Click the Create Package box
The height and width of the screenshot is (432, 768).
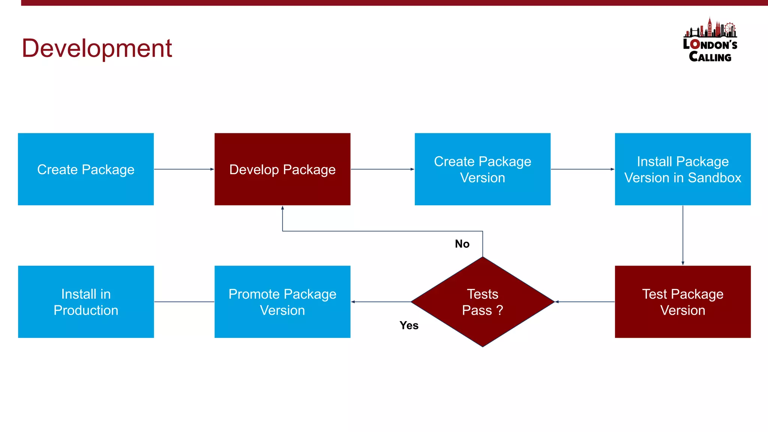click(86, 169)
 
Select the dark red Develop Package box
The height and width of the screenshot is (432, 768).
click(282, 169)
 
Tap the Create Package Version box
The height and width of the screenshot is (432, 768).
click(483, 169)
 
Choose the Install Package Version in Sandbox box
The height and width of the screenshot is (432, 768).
click(682, 169)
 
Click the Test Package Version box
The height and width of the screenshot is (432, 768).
click(682, 302)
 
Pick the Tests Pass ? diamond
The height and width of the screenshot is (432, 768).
click(483, 302)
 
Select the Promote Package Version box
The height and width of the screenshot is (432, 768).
click(282, 302)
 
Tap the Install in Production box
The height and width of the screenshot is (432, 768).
click(86, 302)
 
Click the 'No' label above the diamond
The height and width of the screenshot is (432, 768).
click(462, 244)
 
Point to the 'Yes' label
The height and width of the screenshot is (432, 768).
click(409, 325)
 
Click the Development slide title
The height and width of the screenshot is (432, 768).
click(97, 48)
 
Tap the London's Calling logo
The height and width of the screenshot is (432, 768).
click(710, 40)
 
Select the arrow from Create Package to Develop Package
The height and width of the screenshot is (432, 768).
click(184, 169)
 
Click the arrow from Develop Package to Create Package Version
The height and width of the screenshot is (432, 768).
click(382, 169)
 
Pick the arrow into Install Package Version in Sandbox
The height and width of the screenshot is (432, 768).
click(582, 169)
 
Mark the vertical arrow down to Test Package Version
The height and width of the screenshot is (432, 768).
click(683, 235)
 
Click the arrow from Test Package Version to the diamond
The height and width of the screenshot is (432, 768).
click(585, 302)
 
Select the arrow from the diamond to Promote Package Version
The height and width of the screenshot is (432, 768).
click(381, 302)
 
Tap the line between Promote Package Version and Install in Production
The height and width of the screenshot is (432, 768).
click(184, 302)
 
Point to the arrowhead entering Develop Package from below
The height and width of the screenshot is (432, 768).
click(282, 208)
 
